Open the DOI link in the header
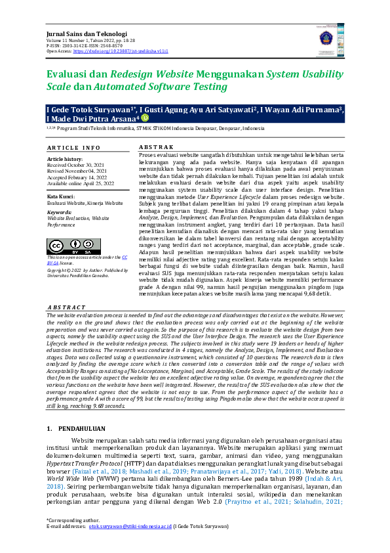click(x=121, y=50)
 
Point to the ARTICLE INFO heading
click(x=74, y=148)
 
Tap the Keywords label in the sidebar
click(x=60, y=212)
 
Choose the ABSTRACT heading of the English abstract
click(x=66, y=307)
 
